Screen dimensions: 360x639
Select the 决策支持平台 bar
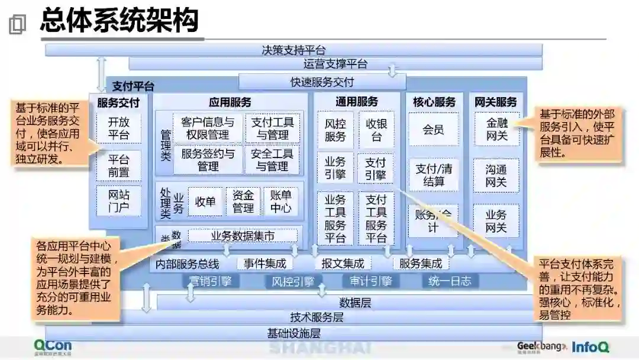293,50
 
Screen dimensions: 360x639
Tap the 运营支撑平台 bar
335,64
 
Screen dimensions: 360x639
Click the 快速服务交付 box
322,82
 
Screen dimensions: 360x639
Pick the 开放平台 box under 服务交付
118,128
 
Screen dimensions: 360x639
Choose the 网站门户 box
118,201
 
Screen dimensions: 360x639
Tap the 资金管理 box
243,201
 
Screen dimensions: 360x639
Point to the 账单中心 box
280,201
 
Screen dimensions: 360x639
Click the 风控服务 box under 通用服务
335,130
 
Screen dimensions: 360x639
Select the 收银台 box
376,130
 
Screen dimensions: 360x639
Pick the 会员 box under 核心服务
433,129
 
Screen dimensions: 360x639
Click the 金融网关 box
496,129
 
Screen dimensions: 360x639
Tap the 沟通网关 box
496,175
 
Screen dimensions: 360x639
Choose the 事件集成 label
264,263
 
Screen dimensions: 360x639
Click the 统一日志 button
450,281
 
